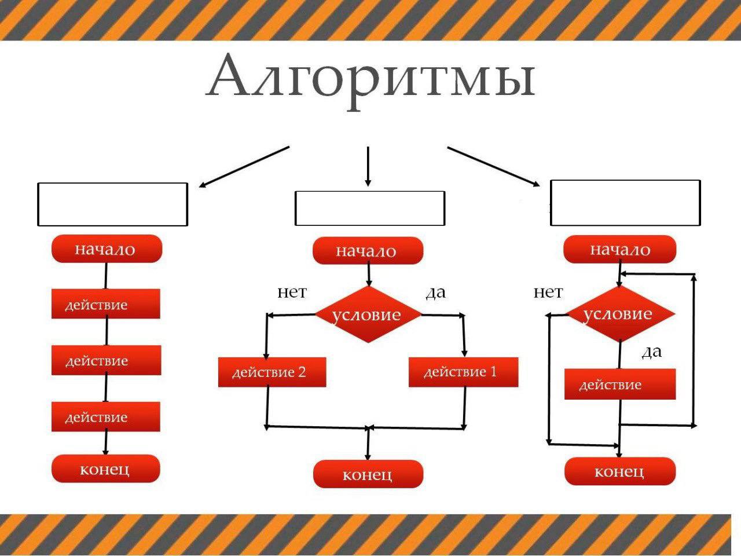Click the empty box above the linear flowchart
point(112,204)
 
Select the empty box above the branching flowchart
point(369,208)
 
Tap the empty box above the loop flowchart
point(625,202)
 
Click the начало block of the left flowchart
point(107,250)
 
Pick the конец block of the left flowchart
point(105,469)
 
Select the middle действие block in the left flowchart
point(106,360)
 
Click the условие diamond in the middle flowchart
point(367,314)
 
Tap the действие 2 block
point(272,372)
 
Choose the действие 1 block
point(463,372)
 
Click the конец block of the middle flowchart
point(368,474)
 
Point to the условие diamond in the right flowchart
point(619,314)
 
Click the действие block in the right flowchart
point(619,384)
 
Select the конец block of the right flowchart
point(619,471)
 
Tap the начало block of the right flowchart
point(619,250)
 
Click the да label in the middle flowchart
point(435,292)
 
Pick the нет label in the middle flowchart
point(292,292)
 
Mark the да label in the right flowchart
point(651,352)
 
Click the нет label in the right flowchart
point(548,292)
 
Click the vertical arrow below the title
point(368,166)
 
